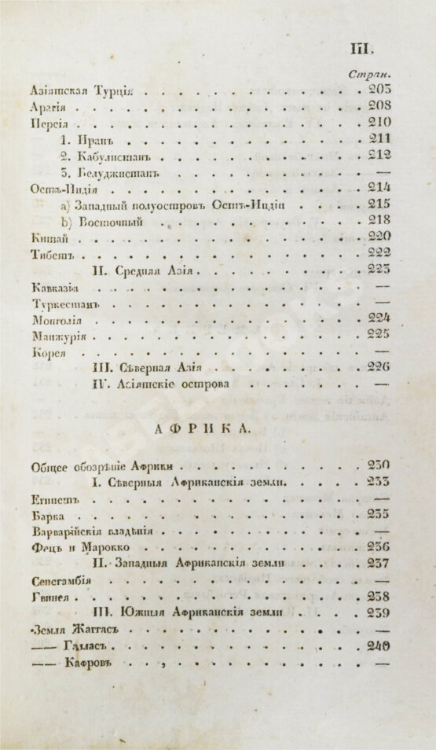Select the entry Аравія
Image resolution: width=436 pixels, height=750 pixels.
[x=46, y=106]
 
